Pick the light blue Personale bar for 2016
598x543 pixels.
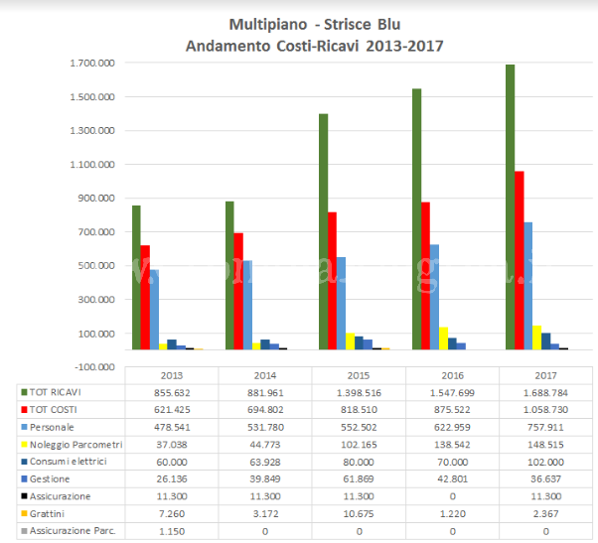coord(433,297)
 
